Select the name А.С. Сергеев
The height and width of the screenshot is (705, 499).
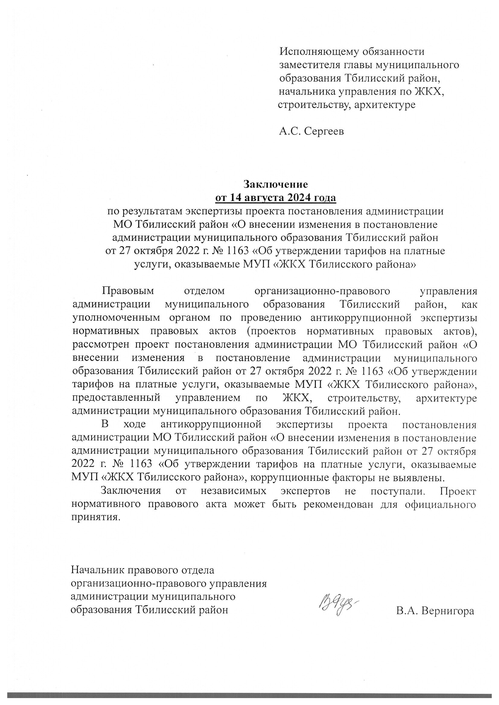[311, 132]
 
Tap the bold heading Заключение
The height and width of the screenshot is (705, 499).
[276, 184]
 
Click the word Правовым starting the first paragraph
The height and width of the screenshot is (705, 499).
[129, 290]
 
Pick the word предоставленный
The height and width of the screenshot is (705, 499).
[116, 398]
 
